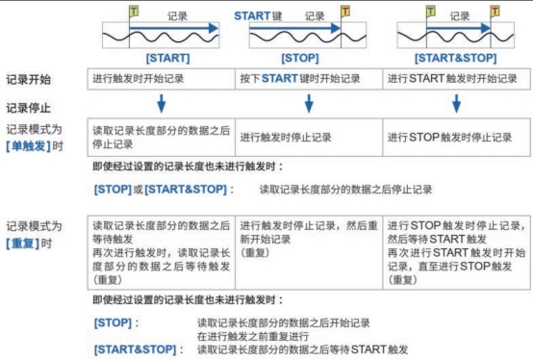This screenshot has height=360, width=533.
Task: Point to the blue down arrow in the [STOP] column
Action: [x=308, y=103]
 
